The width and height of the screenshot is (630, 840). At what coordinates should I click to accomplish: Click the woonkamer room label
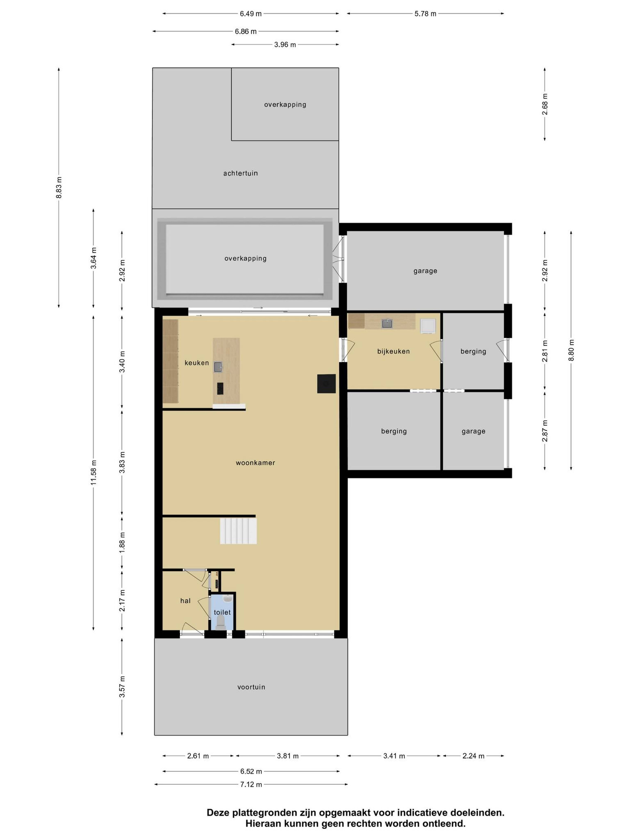point(255,462)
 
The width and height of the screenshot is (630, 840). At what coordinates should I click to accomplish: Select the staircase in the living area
point(239,531)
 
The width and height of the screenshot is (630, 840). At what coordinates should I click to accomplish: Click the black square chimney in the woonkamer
point(326,384)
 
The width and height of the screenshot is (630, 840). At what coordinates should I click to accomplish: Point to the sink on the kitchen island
point(218,367)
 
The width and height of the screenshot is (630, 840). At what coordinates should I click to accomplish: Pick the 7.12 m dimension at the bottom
point(251,784)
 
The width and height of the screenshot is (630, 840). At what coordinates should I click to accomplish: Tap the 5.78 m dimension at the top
point(425,14)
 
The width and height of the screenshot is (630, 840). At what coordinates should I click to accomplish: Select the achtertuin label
point(240,173)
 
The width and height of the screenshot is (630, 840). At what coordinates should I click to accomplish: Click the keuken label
point(197,363)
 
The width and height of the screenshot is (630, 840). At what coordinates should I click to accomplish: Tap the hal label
point(185,600)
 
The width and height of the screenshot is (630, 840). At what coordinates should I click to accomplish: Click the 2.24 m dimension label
point(473,756)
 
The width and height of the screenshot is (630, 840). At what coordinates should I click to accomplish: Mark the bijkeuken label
point(393,351)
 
